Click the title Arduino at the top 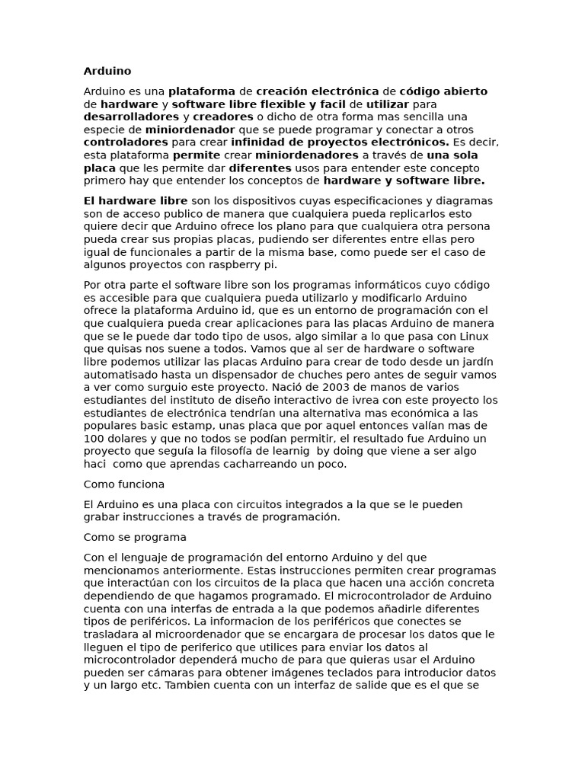click(107, 71)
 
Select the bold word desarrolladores click(131, 117)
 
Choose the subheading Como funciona click(123, 484)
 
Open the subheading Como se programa click(134, 536)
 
